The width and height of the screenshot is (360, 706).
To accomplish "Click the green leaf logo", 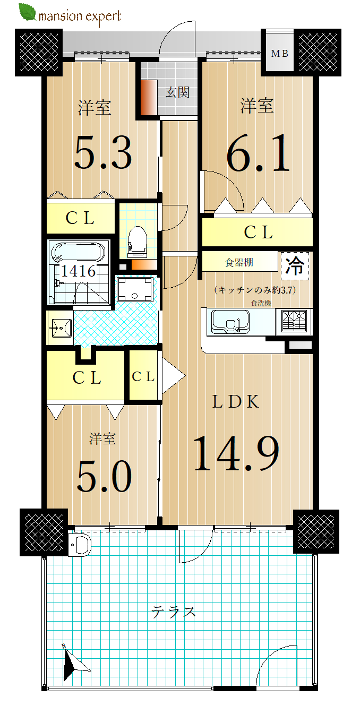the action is pos(28,12).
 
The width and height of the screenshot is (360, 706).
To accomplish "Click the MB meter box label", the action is pos(280,54).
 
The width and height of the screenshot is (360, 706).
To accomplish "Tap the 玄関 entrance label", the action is pos(177,93).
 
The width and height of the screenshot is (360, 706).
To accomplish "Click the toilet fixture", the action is pos(138,241).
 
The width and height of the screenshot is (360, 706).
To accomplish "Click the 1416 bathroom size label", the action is pos(78,271).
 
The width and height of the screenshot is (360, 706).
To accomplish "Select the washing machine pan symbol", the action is pos(135,289).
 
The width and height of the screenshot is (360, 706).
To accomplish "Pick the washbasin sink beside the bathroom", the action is pos(61,328).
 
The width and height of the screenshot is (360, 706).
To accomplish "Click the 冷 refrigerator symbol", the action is pos(295,266).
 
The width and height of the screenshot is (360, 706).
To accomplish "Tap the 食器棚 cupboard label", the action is pos(239,262).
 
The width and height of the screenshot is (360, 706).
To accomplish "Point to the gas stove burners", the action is pos(294,321).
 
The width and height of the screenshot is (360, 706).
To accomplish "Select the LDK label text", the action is pos(236,401).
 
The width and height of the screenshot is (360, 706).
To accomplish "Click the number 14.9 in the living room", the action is pos(236,453).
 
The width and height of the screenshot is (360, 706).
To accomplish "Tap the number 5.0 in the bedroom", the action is pos(104,476).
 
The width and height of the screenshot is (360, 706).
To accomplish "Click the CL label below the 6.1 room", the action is pos(258,233).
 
